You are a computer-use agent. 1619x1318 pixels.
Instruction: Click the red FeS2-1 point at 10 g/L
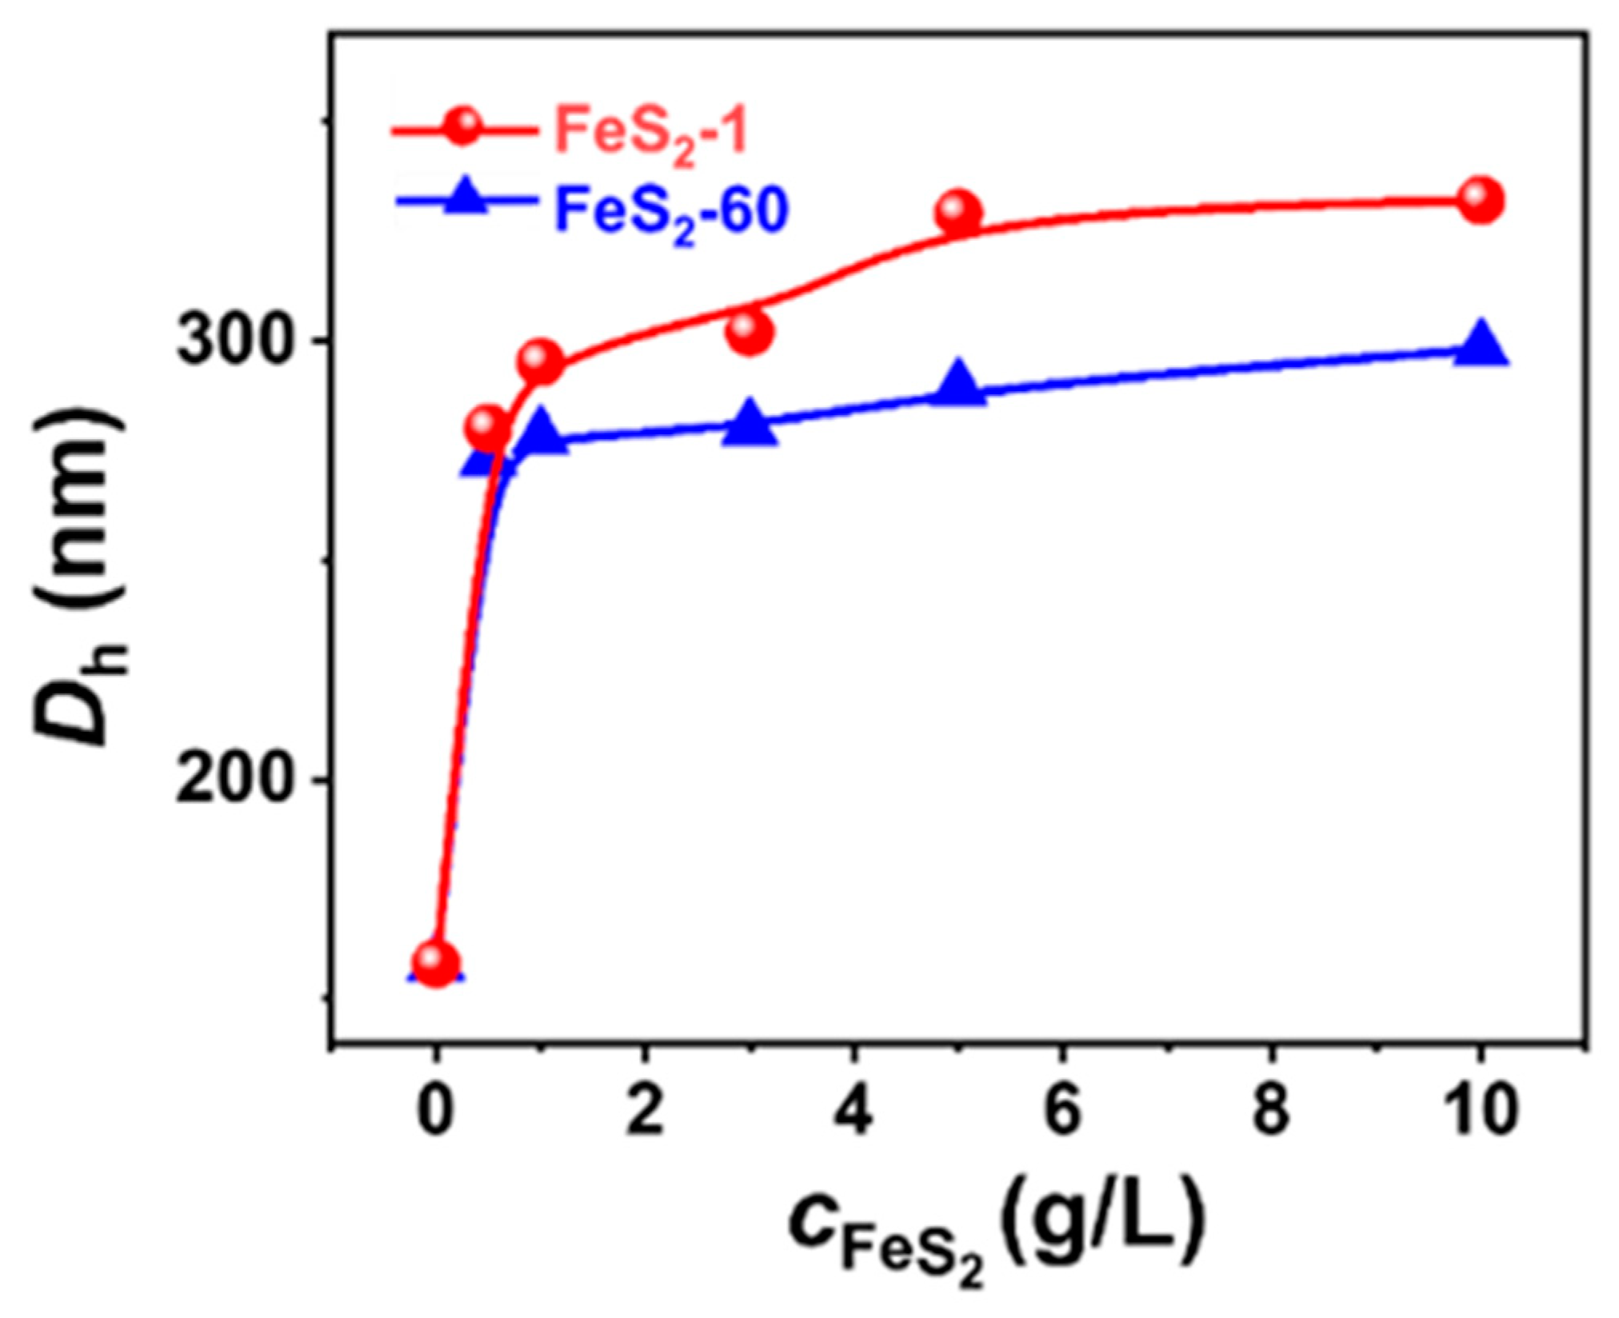[1480, 200]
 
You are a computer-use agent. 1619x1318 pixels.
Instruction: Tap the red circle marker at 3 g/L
[750, 331]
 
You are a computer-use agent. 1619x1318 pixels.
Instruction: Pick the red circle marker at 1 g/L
[540, 361]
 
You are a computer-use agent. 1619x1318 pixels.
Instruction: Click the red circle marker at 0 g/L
[436, 962]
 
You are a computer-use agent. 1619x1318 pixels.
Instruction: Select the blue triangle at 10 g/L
[1481, 346]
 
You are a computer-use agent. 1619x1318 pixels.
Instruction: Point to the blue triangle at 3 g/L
[750, 426]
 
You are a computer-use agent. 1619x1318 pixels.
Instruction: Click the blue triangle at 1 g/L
[541, 434]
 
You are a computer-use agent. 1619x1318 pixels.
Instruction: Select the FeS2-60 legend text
[670, 210]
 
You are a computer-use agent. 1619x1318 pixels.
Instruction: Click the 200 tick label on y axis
[232, 778]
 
